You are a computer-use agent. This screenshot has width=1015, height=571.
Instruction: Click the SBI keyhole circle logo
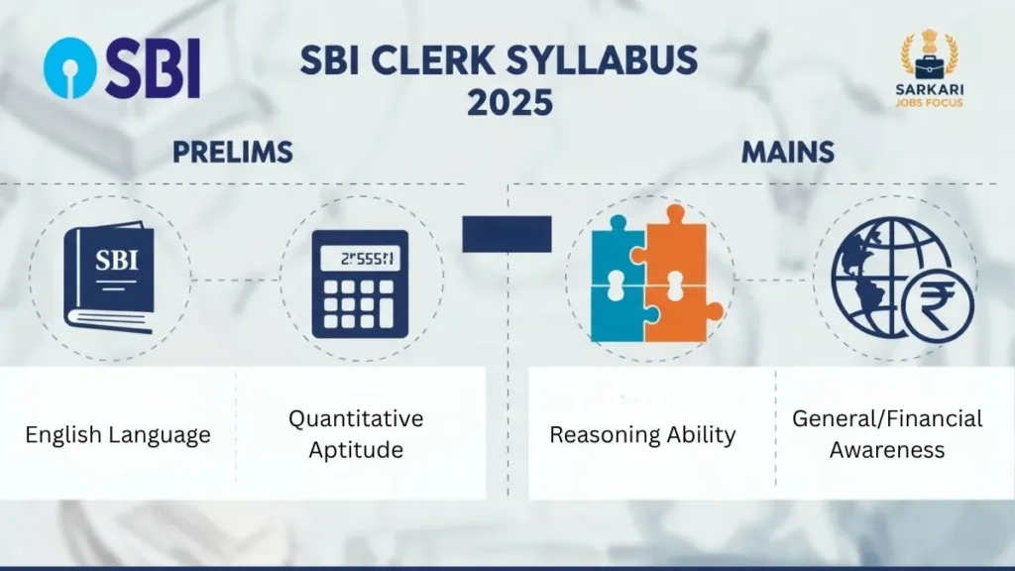tap(73, 67)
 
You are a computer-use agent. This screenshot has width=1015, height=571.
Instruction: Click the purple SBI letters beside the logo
tap(153, 68)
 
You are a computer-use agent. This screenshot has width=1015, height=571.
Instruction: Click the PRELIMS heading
tap(232, 153)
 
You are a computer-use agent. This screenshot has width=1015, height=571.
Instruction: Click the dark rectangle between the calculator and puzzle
tap(507, 234)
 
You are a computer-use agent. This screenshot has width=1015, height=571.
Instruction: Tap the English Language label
tap(118, 434)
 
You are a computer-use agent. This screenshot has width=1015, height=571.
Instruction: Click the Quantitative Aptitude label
tap(356, 434)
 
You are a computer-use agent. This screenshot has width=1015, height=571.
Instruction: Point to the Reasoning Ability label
tap(642, 434)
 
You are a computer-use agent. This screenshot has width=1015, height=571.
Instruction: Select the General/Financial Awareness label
tap(887, 434)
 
